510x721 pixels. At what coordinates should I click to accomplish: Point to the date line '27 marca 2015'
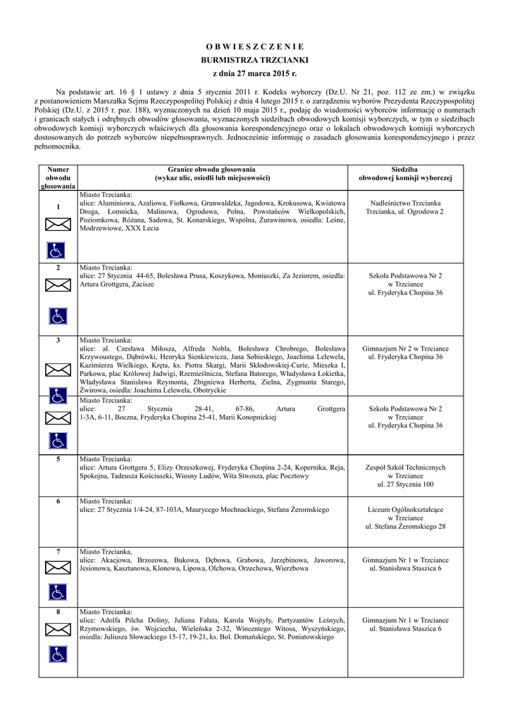(x=254, y=73)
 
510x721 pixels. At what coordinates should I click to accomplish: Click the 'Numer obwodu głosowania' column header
(x=58, y=177)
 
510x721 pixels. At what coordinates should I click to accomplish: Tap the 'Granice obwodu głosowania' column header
(x=211, y=174)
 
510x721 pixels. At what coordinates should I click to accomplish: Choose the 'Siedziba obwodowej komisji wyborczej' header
(x=405, y=174)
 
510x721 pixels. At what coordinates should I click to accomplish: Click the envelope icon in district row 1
(x=58, y=225)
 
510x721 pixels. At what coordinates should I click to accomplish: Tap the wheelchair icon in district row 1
(x=58, y=249)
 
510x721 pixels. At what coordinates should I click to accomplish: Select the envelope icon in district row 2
(x=58, y=285)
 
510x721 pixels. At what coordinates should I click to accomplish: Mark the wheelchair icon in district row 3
(x=58, y=394)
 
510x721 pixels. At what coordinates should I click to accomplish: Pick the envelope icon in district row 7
(x=58, y=567)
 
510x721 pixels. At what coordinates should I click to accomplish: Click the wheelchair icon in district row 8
(x=58, y=654)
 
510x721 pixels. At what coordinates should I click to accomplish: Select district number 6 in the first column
(x=58, y=501)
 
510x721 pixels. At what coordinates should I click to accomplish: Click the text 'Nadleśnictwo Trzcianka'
(x=405, y=202)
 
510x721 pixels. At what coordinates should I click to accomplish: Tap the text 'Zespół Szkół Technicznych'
(x=405, y=467)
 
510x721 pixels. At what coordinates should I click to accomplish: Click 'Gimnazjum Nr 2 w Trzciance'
(x=405, y=348)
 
